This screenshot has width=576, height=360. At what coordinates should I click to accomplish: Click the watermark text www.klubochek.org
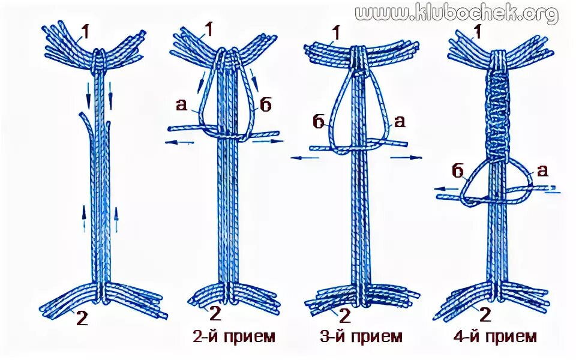pos(457,13)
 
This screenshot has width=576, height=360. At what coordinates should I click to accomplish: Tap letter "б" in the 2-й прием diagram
pos(266,105)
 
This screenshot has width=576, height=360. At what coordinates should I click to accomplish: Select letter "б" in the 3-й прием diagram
pos(319,122)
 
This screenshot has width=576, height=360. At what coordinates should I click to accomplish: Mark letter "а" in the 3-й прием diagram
pos(399,122)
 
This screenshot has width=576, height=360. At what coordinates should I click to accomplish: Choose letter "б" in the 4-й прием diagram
pos(458,173)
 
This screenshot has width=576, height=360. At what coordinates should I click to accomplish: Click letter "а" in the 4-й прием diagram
pos(542,170)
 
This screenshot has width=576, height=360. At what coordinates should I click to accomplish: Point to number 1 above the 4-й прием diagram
pos(478,31)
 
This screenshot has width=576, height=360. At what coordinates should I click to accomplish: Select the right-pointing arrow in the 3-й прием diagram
pos(406,158)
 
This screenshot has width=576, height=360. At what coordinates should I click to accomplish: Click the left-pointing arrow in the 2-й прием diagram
pos(179,142)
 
